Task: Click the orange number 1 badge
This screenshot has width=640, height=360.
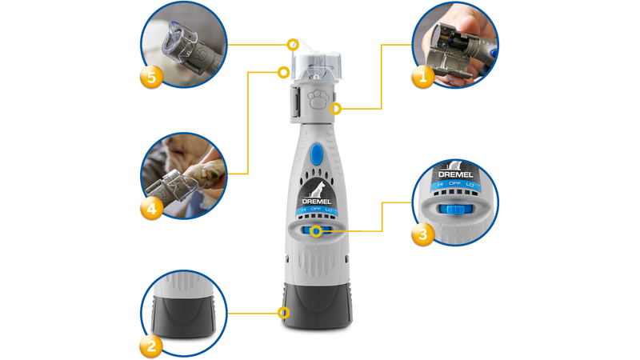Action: click(x=422, y=77)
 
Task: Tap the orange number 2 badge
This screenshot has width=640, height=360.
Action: click(x=151, y=345)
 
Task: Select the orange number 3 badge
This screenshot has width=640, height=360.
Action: click(x=422, y=234)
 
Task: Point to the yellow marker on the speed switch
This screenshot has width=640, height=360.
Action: click(x=318, y=232)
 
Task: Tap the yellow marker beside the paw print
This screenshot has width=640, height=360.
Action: click(x=336, y=108)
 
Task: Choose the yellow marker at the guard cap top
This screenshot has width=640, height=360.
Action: click(x=293, y=42)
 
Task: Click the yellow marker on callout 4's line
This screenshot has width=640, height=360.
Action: click(x=282, y=72)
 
